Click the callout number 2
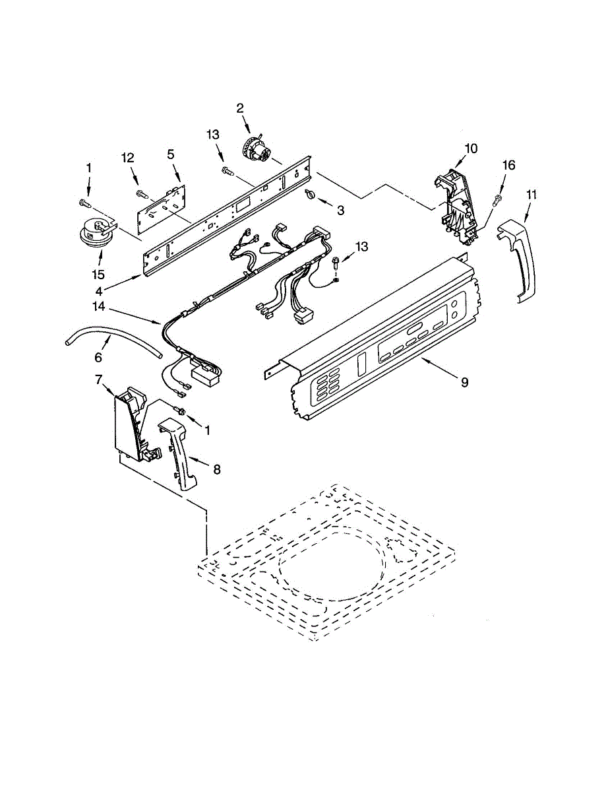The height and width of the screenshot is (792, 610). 240,108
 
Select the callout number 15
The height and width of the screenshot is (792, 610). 98,273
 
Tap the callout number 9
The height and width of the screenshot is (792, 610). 464,382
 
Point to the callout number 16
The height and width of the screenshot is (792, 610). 509,165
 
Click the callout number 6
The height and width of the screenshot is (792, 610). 98,357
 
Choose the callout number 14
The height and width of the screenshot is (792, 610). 99,307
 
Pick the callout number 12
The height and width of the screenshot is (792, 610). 127,158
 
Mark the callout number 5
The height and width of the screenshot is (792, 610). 170,154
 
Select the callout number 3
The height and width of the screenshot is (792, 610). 340,210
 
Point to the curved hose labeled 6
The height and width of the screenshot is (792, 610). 112,339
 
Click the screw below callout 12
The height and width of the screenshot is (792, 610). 142,193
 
